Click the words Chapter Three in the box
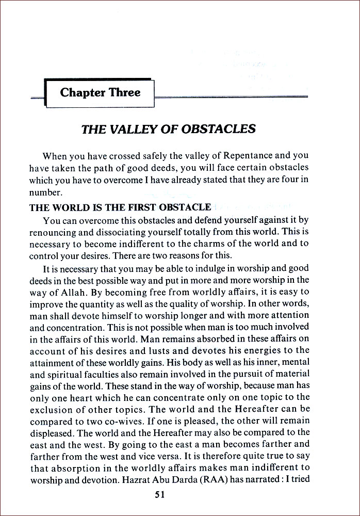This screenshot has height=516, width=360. point(100,93)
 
